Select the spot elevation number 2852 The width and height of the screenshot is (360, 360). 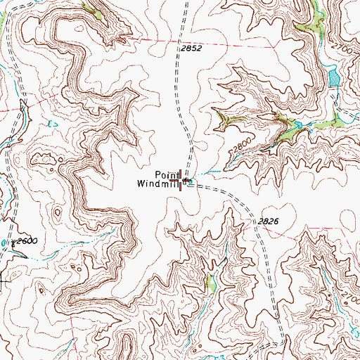click(191, 49)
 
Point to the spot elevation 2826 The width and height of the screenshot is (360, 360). click(268, 221)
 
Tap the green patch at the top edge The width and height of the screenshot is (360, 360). click(92, 10)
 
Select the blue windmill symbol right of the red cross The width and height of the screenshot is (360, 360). click(186, 181)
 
